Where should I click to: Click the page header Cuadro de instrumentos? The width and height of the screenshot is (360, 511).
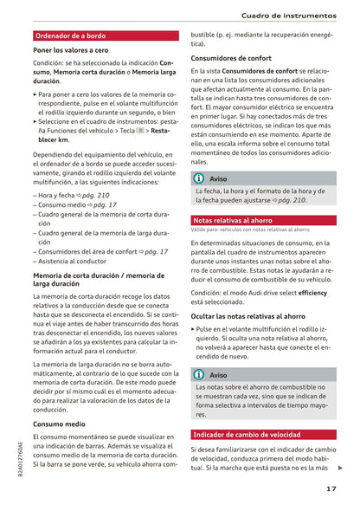coord(289,16)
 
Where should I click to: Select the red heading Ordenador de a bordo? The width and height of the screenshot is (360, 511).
coord(70,36)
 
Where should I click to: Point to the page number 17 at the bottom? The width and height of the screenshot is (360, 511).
coord(331,488)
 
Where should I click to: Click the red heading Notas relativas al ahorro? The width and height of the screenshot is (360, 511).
coord(232,220)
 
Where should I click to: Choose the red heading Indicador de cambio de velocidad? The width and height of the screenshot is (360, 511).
coord(247,434)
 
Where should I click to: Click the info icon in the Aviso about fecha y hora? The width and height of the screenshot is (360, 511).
coord(198,178)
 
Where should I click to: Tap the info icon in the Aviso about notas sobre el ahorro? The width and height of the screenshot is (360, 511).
coord(198,374)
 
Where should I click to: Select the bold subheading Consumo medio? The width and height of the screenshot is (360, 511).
coord(59,424)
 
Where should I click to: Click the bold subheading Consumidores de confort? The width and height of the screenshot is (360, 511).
coord(231,58)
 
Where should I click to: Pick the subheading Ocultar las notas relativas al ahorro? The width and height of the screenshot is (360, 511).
coord(247,317)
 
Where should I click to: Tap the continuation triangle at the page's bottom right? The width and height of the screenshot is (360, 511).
coord(340,468)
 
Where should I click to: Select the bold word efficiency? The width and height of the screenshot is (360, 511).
coord(312,294)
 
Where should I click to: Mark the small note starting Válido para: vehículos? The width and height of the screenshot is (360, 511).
coord(237,230)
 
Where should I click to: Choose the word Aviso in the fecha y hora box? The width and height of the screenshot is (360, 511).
coord(219,178)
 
